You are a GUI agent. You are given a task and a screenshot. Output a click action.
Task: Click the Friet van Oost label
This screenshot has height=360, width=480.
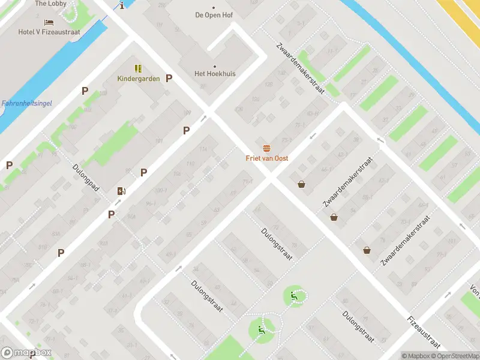(267, 158)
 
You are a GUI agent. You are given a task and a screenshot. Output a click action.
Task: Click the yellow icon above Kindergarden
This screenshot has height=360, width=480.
(138, 68)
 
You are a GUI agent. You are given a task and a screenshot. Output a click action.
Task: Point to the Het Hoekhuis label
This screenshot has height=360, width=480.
(215, 74)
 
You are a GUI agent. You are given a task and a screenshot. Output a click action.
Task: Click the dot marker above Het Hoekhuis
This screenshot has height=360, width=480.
(215, 66)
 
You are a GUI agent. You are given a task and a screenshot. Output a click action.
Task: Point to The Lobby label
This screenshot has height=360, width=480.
(50, 4)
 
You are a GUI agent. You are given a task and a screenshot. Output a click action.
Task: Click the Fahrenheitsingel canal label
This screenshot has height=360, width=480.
(26, 103)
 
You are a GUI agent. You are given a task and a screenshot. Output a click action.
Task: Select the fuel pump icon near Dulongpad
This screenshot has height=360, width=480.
(122, 191)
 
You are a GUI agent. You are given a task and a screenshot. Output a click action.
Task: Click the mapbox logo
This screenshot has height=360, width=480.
(26, 353)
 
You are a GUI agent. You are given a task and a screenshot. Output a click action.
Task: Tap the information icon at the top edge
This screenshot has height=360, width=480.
(122, 5)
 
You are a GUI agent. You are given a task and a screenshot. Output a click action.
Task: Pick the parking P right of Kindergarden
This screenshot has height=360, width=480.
(169, 78)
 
